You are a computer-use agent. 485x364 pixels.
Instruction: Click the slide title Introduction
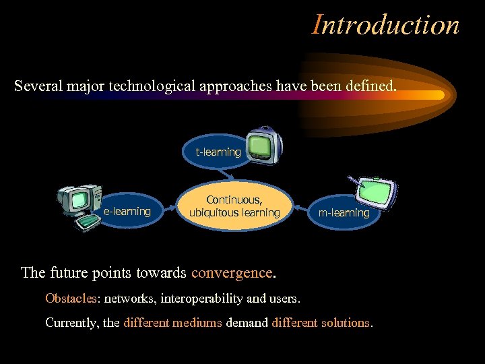(x=386, y=25)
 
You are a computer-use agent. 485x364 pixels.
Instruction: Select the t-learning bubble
(x=218, y=152)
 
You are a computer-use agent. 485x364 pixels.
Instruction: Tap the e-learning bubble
(x=127, y=212)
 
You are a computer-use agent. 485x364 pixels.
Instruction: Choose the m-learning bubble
(x=344, y=213)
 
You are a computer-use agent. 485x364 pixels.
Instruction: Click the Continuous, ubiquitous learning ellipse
(x=234, y=206)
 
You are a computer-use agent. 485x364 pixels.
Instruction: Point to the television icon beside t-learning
(x=264, y=144)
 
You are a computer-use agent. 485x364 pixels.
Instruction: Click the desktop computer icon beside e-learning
(x=79, y=204)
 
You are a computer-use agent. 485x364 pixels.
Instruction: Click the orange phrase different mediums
(x=172, y=323)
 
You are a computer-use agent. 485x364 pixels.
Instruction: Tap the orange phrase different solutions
(x=321, y=323)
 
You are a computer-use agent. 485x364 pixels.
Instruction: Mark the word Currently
(x=72, y=323)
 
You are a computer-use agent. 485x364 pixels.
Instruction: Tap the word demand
(x=247, y=323)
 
